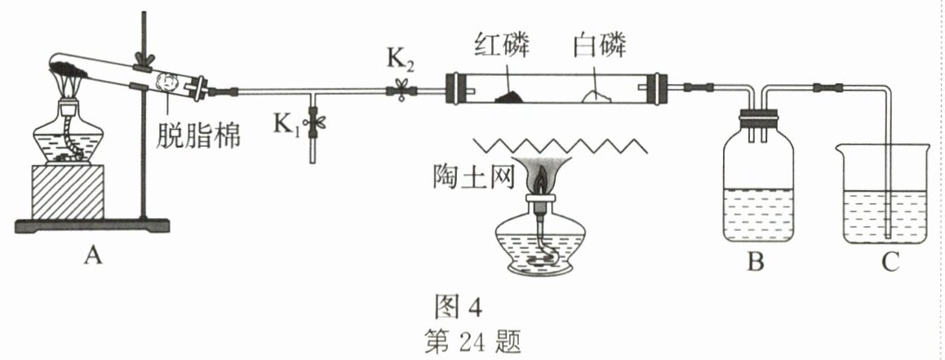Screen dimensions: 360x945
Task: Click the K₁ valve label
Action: tap(286, 125)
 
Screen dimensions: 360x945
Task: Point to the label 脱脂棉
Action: tap(198, 133)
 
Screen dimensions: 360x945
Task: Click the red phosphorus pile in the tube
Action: tap(508, 96)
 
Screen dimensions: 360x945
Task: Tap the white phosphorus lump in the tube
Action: tap(600, 96)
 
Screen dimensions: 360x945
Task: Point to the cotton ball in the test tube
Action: tap(173, 84)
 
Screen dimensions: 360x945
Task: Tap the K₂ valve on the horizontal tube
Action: tap(401, 89)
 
